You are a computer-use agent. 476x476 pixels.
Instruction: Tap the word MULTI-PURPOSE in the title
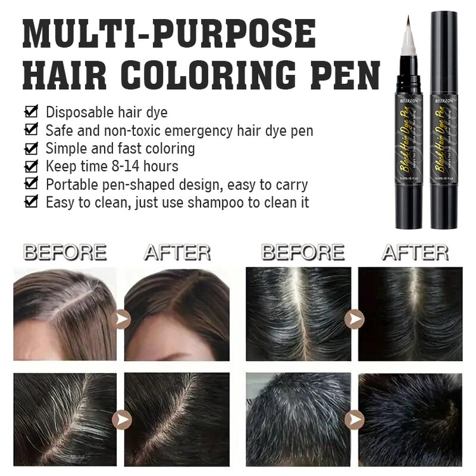click(169, 34)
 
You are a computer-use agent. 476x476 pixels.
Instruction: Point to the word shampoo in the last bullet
click(215, 203)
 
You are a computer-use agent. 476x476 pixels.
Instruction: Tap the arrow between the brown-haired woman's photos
click(121, 320)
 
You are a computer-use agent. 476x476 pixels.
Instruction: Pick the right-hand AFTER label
click(415, 252)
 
